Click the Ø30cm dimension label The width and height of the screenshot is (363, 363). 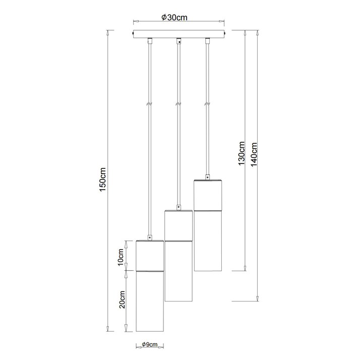174,17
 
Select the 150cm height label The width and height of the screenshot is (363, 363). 102,179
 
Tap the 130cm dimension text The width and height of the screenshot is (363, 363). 241,153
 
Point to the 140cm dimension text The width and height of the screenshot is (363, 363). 254,154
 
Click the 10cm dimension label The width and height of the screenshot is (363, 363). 121,258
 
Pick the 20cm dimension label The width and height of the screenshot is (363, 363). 122,299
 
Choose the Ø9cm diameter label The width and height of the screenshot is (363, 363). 150,344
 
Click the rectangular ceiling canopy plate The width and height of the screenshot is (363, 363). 178,34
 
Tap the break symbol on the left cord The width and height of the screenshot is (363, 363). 150,104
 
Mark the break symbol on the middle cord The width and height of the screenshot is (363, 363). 178,104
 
